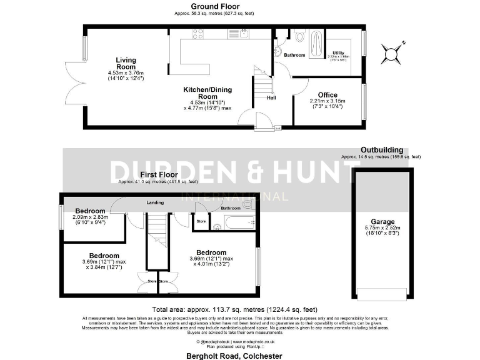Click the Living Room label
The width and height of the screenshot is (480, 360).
[x=126, y=64]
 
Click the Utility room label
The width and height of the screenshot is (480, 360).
[x=338, y=52]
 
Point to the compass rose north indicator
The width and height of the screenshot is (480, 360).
[x=394, y=52]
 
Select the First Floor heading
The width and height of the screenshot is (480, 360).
[x=157, y=174]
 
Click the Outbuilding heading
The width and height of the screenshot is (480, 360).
[x=381, y=150]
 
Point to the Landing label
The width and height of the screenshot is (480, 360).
[x=155, y=202]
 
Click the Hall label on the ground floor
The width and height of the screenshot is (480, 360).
[x=272, y=97]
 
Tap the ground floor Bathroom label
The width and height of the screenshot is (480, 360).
[x=295, y=55]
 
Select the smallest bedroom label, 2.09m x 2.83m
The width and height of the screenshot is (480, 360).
[x=90, y=211]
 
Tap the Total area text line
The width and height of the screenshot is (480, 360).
[x=234, y=309]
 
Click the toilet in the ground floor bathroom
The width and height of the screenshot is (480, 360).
[x=299, y=37]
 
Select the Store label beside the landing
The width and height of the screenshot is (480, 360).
[x=201, y=221]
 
